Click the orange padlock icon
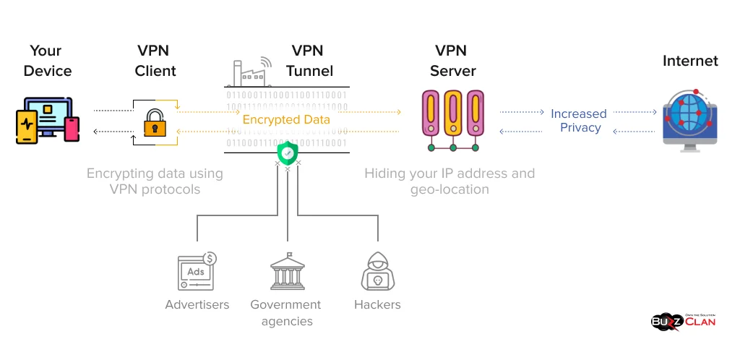(x=155, y=123)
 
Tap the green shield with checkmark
(x=287, y=153)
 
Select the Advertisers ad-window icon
(x=197, y=272)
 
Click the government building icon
(x=288, y=272)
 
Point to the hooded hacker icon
(x=377, y=273)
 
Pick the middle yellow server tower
(x=453, y=113)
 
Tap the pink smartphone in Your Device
(x=72, y=129)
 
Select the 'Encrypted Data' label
(x=286, y=120)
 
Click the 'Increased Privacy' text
(x=579, y=121)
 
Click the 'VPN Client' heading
(x=156, y=61)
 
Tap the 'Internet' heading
(x=690, y=61)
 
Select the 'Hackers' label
(x=377, y=304)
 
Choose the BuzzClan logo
(x=684, y=320)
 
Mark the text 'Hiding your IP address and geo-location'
(x=449, y=181)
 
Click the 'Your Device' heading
(x=47, y=61)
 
